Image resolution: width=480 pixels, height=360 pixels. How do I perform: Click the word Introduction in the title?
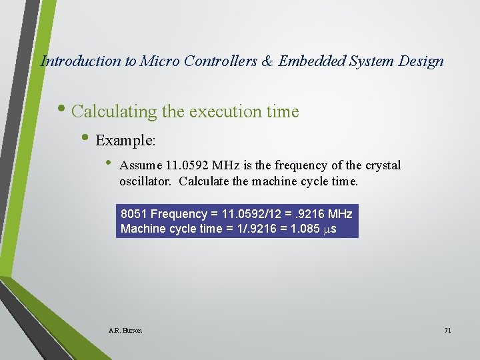coord(81,61)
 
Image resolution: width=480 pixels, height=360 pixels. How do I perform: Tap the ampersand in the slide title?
coord(266,61)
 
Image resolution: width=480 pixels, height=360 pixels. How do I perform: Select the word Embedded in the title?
coord(310,61)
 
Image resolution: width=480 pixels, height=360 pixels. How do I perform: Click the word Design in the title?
coord(419,61)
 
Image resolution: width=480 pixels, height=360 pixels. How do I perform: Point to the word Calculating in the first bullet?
coord(114,111)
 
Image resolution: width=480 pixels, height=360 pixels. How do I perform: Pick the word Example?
coord(126,141)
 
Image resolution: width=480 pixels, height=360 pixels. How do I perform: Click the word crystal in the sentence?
coord(382,165)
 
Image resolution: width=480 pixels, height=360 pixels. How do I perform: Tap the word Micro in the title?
coord(161,61)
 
